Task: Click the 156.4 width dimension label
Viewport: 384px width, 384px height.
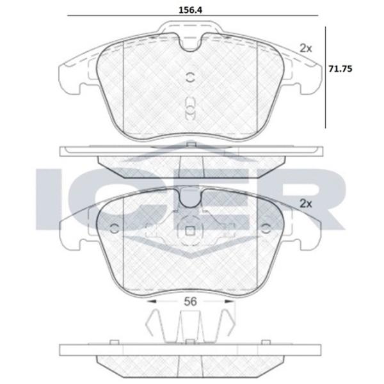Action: (191, 10)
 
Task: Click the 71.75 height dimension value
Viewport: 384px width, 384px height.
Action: (340, 69)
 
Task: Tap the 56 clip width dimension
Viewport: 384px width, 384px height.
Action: (190, 301)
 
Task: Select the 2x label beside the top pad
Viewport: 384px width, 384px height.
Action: (306, 49)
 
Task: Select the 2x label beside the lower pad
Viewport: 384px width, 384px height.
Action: (306, 204)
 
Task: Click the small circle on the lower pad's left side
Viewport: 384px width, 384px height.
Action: (115, 228)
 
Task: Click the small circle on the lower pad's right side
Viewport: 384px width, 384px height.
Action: (266, 228)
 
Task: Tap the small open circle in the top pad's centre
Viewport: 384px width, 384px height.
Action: (190, 77)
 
